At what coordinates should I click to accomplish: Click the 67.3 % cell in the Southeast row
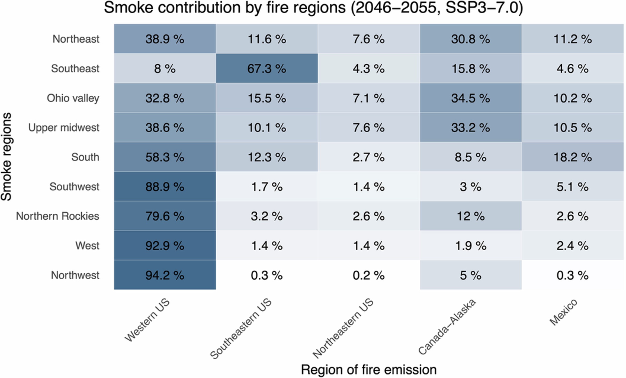pos(267,68)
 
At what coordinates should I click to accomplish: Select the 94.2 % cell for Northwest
pos(165,275)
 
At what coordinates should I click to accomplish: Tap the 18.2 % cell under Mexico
pos(573,157)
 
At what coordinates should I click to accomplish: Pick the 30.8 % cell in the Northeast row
pos(470,39)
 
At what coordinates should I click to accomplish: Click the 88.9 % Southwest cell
pos(165,187)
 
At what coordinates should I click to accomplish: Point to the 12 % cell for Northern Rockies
pos(470,216)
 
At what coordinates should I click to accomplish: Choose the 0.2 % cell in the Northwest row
pos(368,275)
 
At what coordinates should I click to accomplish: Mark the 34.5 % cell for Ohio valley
pos(470,98)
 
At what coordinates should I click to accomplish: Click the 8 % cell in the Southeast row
pos(165,68)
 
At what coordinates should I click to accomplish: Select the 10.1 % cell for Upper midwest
pos(267,128)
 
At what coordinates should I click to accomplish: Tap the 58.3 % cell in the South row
pos(165,157)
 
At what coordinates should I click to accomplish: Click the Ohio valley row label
pos(73,98)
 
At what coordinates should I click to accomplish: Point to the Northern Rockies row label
pos(57,216)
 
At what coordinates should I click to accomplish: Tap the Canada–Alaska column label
pos(447,327)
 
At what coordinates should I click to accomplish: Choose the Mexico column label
pos(564,312)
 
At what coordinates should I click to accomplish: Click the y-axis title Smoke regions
pos(6,157)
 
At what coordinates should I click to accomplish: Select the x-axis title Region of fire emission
pos(369,370)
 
